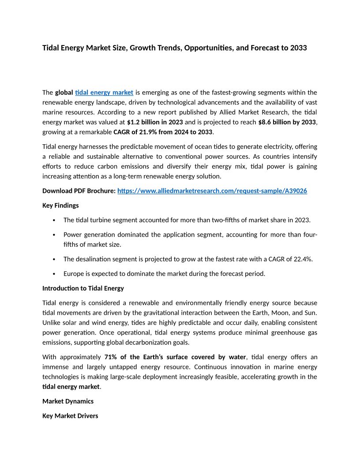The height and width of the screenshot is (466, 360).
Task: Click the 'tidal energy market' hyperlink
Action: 104,92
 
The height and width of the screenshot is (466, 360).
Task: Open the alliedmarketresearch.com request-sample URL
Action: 212,191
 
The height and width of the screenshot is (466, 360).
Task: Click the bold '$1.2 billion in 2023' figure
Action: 155,122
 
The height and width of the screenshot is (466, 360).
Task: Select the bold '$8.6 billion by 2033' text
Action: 287,122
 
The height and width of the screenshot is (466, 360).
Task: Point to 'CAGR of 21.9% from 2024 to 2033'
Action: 163,132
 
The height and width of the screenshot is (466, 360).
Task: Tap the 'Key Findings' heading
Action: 60,205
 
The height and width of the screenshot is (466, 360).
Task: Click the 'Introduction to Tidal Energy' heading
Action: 83,288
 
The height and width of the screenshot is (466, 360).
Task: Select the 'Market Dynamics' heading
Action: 67,401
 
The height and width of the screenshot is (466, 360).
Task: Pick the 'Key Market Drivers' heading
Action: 70,416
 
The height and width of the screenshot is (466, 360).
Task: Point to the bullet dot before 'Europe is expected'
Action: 54,274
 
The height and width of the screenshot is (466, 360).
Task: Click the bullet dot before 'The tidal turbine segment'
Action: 54,220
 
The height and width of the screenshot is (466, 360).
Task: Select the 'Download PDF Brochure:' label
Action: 79,191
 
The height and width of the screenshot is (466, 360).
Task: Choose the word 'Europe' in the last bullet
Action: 74,274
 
